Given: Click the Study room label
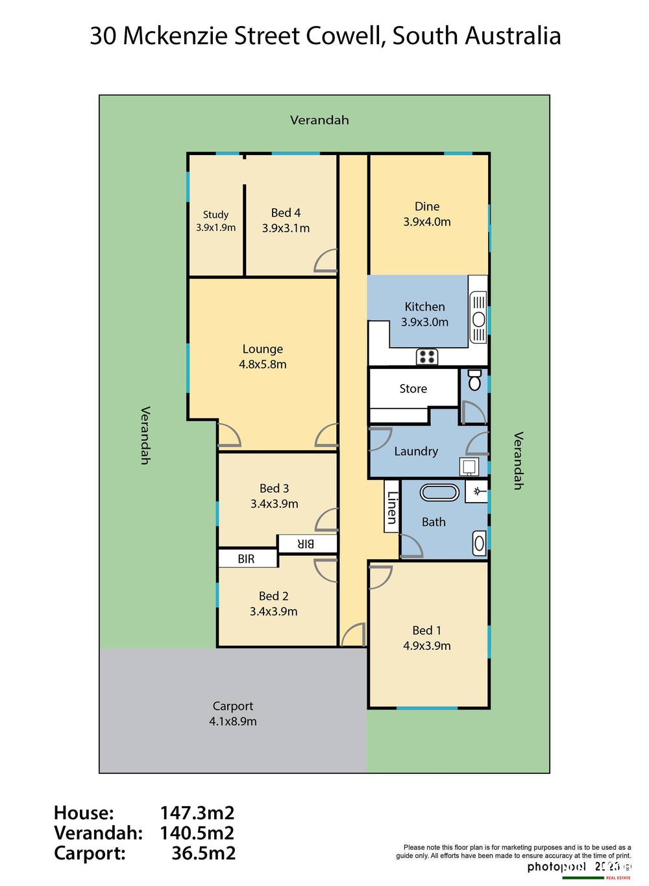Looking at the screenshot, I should click(215, 215).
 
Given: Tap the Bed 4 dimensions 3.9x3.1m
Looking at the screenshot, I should click(286, 228).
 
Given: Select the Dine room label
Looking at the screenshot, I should click(427, 206).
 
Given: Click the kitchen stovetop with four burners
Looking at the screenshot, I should click(426, 357).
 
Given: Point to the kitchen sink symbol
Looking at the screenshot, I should click(478, 318).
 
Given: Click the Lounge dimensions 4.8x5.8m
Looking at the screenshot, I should click(262, 365).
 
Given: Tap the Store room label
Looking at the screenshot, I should click(413, 389).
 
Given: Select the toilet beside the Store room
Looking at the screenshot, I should click(474, 380).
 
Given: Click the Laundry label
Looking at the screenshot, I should click(416, 451).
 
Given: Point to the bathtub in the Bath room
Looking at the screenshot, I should click(439, 492).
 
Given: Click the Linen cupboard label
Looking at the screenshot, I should click(391, 507).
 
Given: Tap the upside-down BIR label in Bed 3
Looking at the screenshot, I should click(306, 544).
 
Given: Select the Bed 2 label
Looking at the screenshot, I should click(273, 596).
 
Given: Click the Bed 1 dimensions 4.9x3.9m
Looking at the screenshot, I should click(426, 646).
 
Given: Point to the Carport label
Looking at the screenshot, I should click(233, 706).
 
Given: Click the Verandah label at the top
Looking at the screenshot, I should click(319, 120).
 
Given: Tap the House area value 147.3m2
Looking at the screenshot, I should click(197, 813).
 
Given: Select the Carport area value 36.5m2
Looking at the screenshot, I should click(203, 853).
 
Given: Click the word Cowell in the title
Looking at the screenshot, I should click(345, 36).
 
